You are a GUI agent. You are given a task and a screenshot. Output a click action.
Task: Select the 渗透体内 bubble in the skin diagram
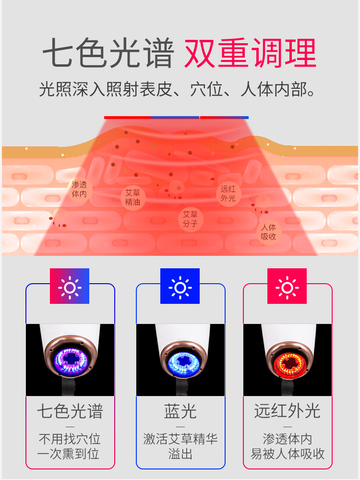click(x=79, y=190)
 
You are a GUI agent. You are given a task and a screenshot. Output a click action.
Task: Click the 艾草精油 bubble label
click(x=133, y=197)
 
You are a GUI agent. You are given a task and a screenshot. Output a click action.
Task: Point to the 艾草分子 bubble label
click(x=190, y=219)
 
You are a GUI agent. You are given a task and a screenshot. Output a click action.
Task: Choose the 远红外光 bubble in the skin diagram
click(x=228, y=193)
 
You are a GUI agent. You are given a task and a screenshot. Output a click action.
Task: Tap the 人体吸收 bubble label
click(x=268, y=231)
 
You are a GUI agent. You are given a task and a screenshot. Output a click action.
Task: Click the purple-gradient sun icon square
click(x=70, y=286)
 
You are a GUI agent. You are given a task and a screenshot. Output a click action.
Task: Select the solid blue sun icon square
click(x=180, y=286)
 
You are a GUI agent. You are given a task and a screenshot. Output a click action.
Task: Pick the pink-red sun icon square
click(x=287, y=286)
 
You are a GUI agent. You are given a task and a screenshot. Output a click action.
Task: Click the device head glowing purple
click(x=70, y=359)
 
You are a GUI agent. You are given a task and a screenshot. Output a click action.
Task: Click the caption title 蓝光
click(x=180, y=411)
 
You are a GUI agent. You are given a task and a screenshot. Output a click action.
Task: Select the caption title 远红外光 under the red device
click(x=287, y=411)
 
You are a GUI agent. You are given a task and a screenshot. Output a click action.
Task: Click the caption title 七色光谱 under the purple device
click(x=70, y=411)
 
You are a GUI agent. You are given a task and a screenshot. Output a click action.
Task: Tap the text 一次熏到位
click(x=70, y=454)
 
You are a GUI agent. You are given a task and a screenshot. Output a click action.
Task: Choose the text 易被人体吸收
click(x=288, y=454)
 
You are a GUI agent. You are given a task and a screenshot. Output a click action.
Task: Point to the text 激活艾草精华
click(x=180, y=439)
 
